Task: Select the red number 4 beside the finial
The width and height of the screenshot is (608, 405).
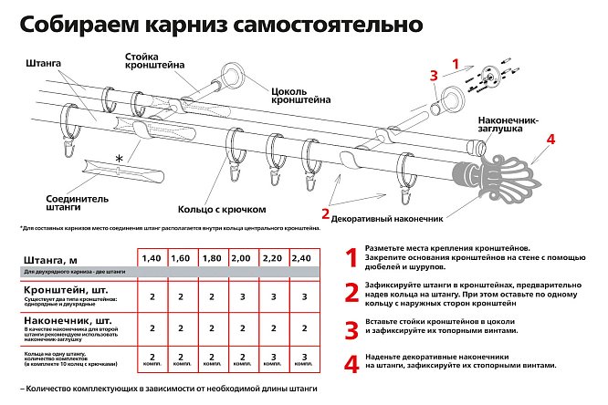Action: [550, 140]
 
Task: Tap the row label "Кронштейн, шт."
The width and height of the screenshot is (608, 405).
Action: [61, 290]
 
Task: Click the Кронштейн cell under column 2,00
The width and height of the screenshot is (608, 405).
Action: [244, 297]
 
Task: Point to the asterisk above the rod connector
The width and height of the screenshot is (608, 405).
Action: [117, 159]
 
